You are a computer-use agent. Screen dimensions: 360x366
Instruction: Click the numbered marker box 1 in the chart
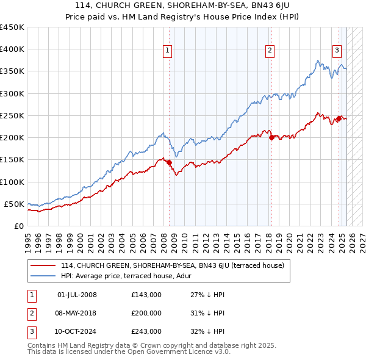pos(167,51)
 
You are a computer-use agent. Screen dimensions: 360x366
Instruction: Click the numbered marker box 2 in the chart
pos(270,51)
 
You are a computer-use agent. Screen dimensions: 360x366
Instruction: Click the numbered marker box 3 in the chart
pos(337,51)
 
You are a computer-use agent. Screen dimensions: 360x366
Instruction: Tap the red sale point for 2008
pos(169,162)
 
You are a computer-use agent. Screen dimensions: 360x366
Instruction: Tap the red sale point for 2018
pos(271,137)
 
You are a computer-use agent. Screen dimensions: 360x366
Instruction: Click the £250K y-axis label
pos(12,115)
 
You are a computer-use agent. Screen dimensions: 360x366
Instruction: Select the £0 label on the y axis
pos(18,226)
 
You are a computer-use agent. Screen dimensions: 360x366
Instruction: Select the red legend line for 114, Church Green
pos(43,265)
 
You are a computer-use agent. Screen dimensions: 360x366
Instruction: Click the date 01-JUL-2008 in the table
pos(77,295)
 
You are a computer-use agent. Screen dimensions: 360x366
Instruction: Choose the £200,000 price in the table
pos(146,313)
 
